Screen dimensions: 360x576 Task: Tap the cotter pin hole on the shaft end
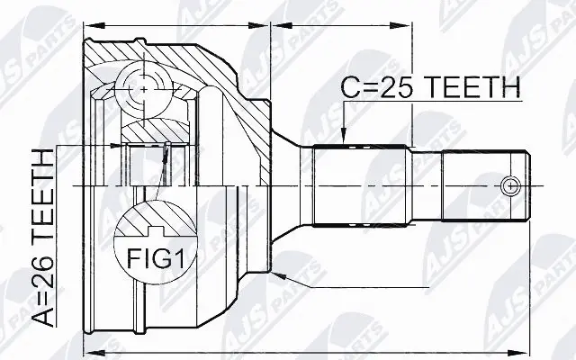(x=510, y=186)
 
